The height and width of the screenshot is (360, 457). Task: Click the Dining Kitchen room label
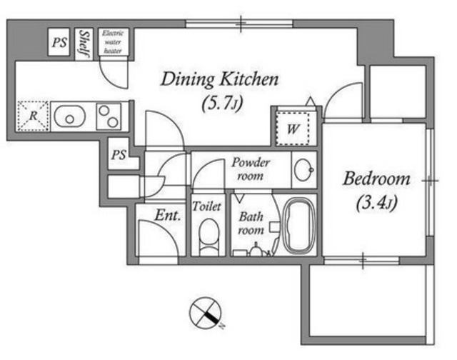coord(220,79)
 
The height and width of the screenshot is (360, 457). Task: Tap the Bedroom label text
coord(376,179)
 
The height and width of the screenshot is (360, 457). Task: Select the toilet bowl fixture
coord(209,236)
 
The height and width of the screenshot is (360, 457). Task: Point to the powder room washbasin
coord(303,170)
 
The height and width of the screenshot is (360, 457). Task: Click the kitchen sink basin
coord(70,116)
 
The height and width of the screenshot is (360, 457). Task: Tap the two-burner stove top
coord(109,116)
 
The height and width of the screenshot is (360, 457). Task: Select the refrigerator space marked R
coord(34,116)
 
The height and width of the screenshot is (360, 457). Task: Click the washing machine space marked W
coord(293,129)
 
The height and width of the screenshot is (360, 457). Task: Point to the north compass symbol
coord(206,313)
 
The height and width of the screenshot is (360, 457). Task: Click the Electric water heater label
coord(113,42)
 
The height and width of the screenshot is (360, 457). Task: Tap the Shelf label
coord(84,44)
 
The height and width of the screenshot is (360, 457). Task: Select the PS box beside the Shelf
coord(59,41)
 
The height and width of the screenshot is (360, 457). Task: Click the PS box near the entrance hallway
coord(119,154)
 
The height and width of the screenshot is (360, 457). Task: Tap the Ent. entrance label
coord(167,216)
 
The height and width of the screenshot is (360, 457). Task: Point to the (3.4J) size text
coord(376,203)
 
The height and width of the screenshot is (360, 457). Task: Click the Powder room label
coord(251,169)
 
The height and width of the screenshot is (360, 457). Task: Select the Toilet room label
coord(206,206)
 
